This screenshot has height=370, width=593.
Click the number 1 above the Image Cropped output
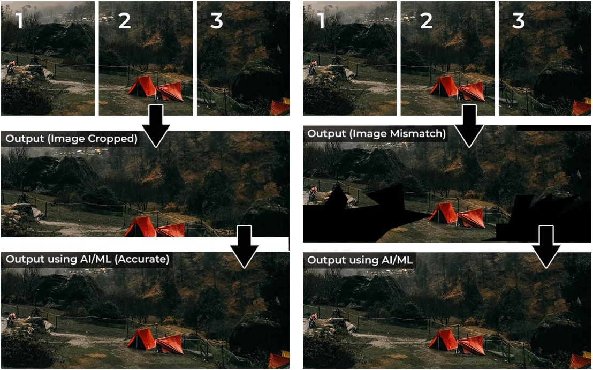pyautogui.click(x=19, y=20)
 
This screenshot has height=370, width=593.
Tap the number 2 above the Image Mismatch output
pyautogui.click(x=426, y=20)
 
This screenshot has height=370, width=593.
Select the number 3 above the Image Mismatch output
pyautogui.click(x=519, y=20)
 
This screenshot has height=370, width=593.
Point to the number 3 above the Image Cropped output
pyautogui.click(x=217, y=20)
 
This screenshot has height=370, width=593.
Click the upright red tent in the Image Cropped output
pyautogui.click(x=141, y=227)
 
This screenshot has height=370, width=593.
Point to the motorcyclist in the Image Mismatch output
pyautogui.click(x=313, y=193)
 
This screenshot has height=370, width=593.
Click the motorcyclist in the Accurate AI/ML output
pyautogui.click(x=11, y=320)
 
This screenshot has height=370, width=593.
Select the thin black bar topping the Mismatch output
pyautogui.click(x=553, y=129)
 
